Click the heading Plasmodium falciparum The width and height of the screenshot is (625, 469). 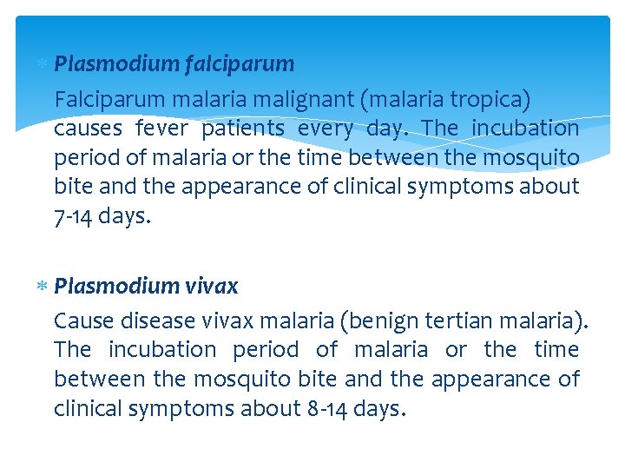point(174,64)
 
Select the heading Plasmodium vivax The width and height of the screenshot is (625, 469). point(145,287)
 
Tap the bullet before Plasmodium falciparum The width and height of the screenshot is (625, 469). point(43,64)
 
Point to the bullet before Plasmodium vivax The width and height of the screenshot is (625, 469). point(43,287)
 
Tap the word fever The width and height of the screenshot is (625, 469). point(161,129)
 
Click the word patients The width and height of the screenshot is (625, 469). point(243,129)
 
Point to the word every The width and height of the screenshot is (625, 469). point(326,129)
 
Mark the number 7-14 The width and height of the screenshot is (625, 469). point(73,216)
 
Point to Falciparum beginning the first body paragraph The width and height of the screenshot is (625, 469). point(102,98)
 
